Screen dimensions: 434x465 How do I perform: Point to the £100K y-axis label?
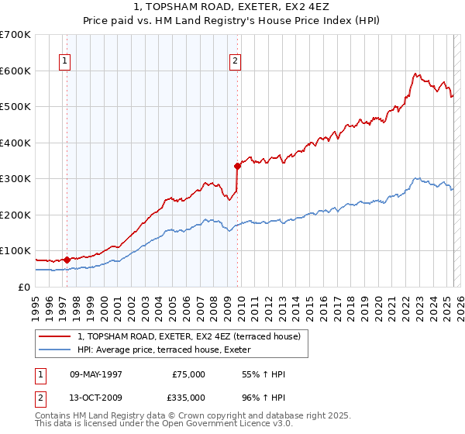coord(15,251)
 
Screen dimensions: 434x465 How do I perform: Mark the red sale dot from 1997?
coord(67,260)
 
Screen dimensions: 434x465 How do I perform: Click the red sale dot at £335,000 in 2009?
coord(237,165)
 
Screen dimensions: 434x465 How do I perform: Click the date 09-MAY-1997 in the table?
coord(96,374)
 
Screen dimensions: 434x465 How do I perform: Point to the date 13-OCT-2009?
coord(96,397)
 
